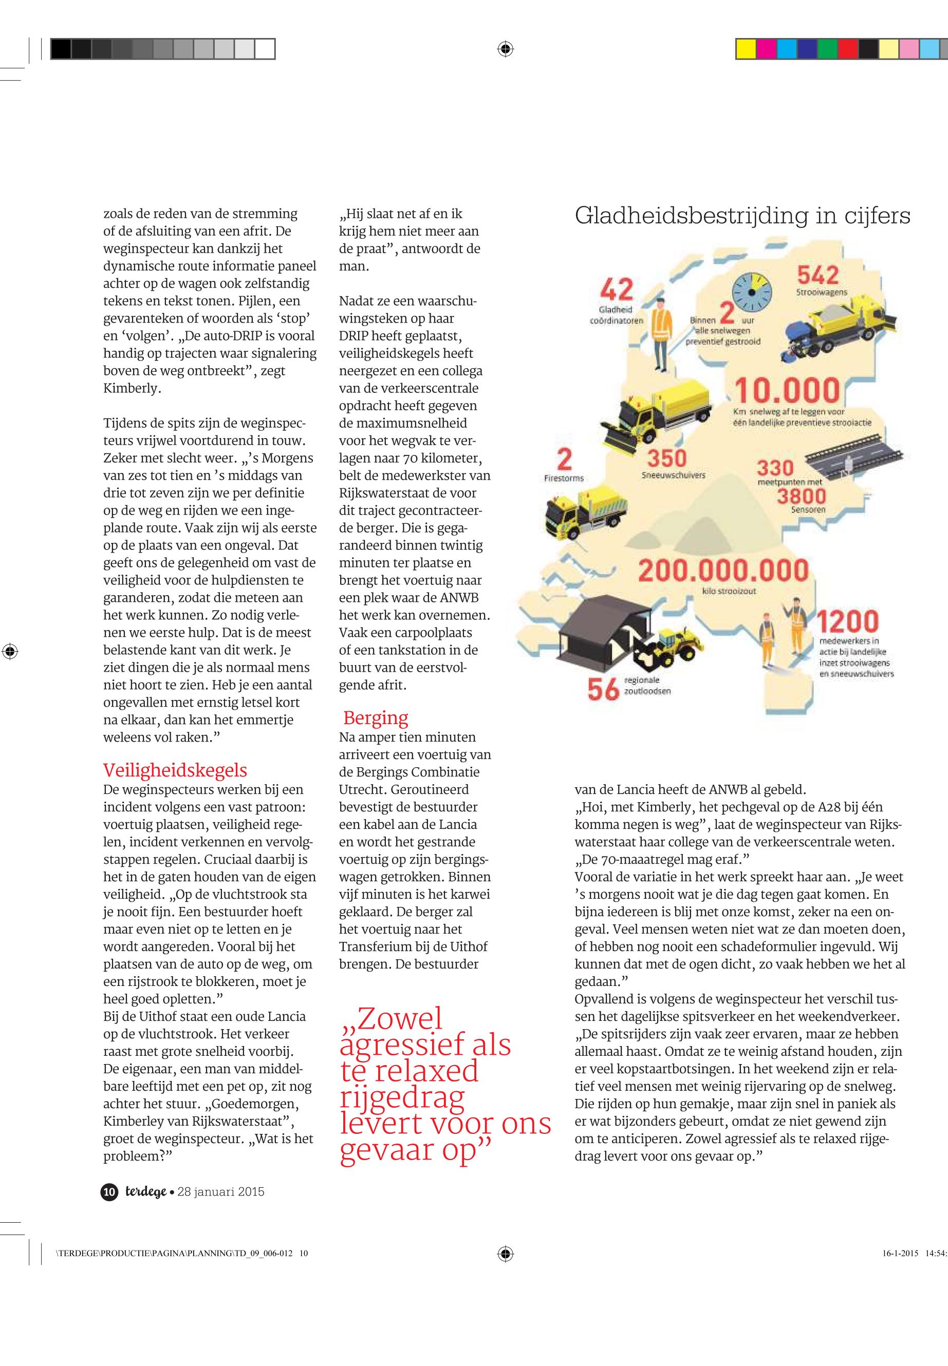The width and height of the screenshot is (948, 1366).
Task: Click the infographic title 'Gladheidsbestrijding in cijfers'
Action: pos(742,216)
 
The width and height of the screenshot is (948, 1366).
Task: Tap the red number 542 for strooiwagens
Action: pos(817,275)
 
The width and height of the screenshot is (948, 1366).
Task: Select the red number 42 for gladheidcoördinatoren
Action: pos(617,290)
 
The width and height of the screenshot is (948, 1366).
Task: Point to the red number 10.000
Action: pos(787,391)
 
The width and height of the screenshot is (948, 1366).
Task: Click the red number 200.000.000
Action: pos(723,571)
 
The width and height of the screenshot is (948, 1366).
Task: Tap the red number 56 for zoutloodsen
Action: pos(603,689)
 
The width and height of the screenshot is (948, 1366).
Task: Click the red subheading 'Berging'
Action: pos(376,718)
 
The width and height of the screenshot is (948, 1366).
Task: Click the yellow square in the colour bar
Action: pos(746,49)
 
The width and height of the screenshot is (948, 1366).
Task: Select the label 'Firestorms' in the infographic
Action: pos(564,478)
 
